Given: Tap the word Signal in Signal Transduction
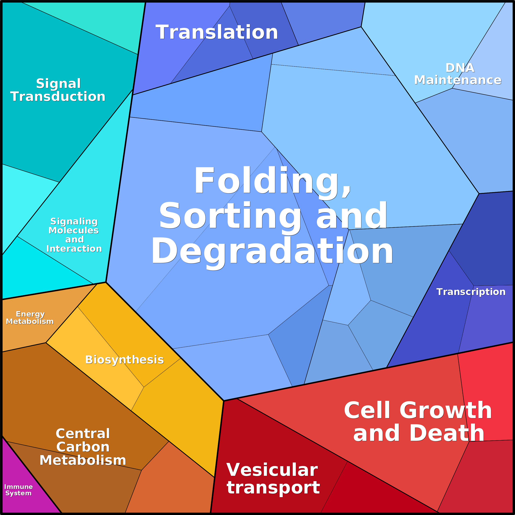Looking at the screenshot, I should coord(58,84).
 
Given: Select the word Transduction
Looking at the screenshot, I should coord(58,97).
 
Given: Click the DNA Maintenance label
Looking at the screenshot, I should coord(458,74).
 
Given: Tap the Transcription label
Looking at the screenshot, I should coord(471,292).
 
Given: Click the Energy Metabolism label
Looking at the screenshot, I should coord(30,318).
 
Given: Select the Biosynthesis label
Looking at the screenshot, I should coord(124,360).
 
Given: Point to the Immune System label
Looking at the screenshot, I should coord(18,490).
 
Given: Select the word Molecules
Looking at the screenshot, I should coord(74,231).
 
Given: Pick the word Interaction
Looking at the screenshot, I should coord(74,249).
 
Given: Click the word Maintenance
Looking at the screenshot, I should coord(458,80).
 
